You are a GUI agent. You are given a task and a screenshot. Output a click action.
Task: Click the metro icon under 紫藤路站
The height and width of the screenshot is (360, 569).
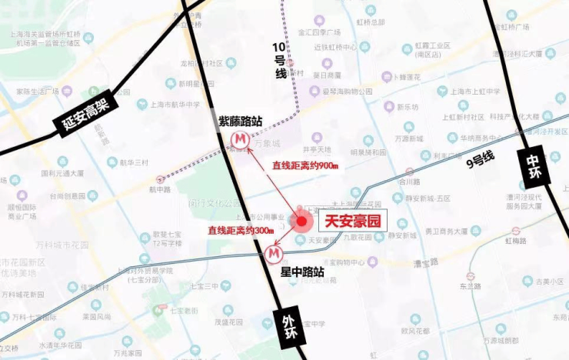pyautogui.click(x=241, y=139)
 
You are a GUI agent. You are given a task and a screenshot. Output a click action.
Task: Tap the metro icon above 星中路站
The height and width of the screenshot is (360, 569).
pyautogui.click(x=273, y=253)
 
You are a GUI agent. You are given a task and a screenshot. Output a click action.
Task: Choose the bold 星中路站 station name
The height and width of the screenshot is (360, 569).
pyautogui.click(x=302, y=272)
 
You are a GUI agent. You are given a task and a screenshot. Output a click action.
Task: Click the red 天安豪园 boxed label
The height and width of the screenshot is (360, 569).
pyautogui.click(x=353, y=222)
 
